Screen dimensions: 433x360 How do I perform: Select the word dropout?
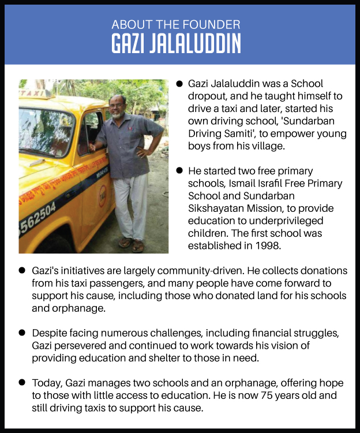point(208,96)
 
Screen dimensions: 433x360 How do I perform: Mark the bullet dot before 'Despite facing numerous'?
point(22,333)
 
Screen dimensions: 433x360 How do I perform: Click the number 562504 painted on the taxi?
point(39,217)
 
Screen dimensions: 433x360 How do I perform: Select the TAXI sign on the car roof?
point(32,94)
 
